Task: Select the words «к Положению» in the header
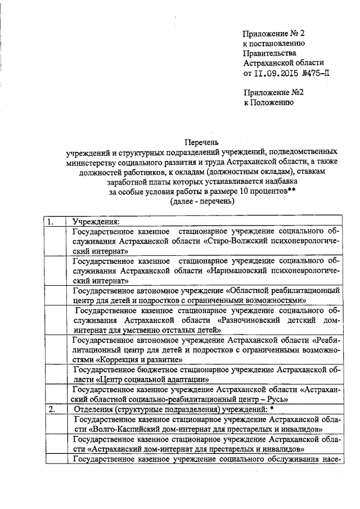pos(268,103)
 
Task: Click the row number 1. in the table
pos(51,221)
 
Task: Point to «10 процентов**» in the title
pos(267,192)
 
